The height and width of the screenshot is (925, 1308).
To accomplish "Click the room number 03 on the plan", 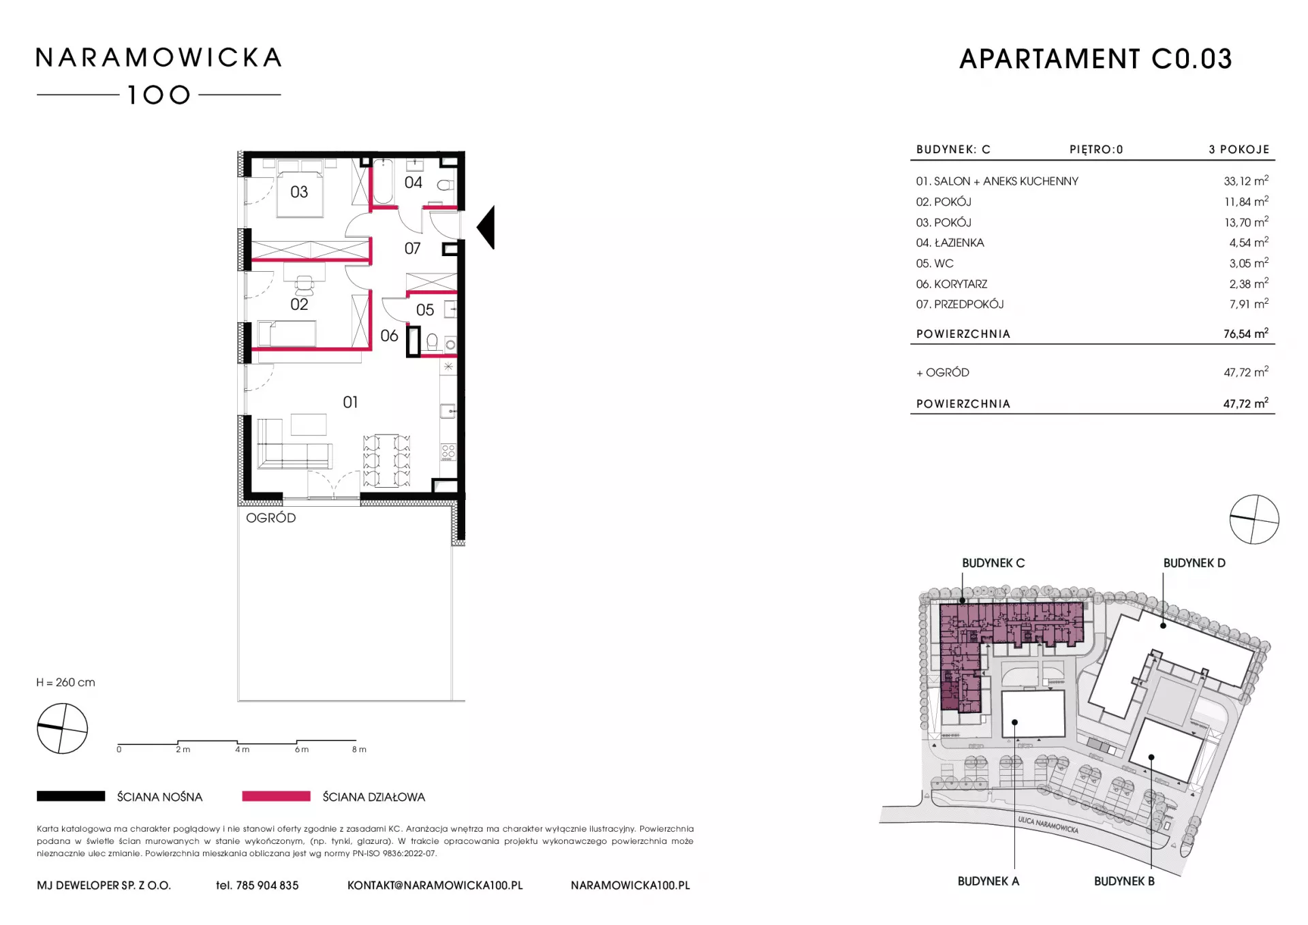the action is (299, 192).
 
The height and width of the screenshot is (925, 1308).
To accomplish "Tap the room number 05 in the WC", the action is (425, 310).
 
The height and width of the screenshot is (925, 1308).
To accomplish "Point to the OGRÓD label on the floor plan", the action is (271, 518).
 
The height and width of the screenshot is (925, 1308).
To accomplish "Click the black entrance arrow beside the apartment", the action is (486, 228).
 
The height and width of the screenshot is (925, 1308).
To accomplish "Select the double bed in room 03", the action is (300, 188).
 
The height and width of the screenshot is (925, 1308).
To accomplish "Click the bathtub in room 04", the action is (383, 181).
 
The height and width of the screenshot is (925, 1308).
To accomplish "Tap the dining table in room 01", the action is (386, 460).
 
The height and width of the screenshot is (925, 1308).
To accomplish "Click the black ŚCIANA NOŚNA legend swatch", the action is (71, 796).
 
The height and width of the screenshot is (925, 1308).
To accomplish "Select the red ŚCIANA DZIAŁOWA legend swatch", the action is (277, 796).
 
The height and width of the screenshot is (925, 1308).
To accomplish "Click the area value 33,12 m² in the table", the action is (1246, 181).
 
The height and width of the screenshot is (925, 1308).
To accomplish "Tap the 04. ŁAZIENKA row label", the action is (950, 242).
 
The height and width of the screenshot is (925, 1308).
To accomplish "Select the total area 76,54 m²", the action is (1246, 334).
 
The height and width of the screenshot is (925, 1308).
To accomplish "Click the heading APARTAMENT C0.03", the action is (1095, 59).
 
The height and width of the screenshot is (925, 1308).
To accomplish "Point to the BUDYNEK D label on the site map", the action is (1194, 563).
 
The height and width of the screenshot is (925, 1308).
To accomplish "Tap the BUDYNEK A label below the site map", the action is (988, 881).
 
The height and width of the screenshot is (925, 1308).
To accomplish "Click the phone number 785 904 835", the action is (267, 885).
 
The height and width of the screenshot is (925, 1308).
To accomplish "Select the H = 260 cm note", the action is (66, 683).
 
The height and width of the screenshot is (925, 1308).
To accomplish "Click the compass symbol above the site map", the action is (1254, 520).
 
